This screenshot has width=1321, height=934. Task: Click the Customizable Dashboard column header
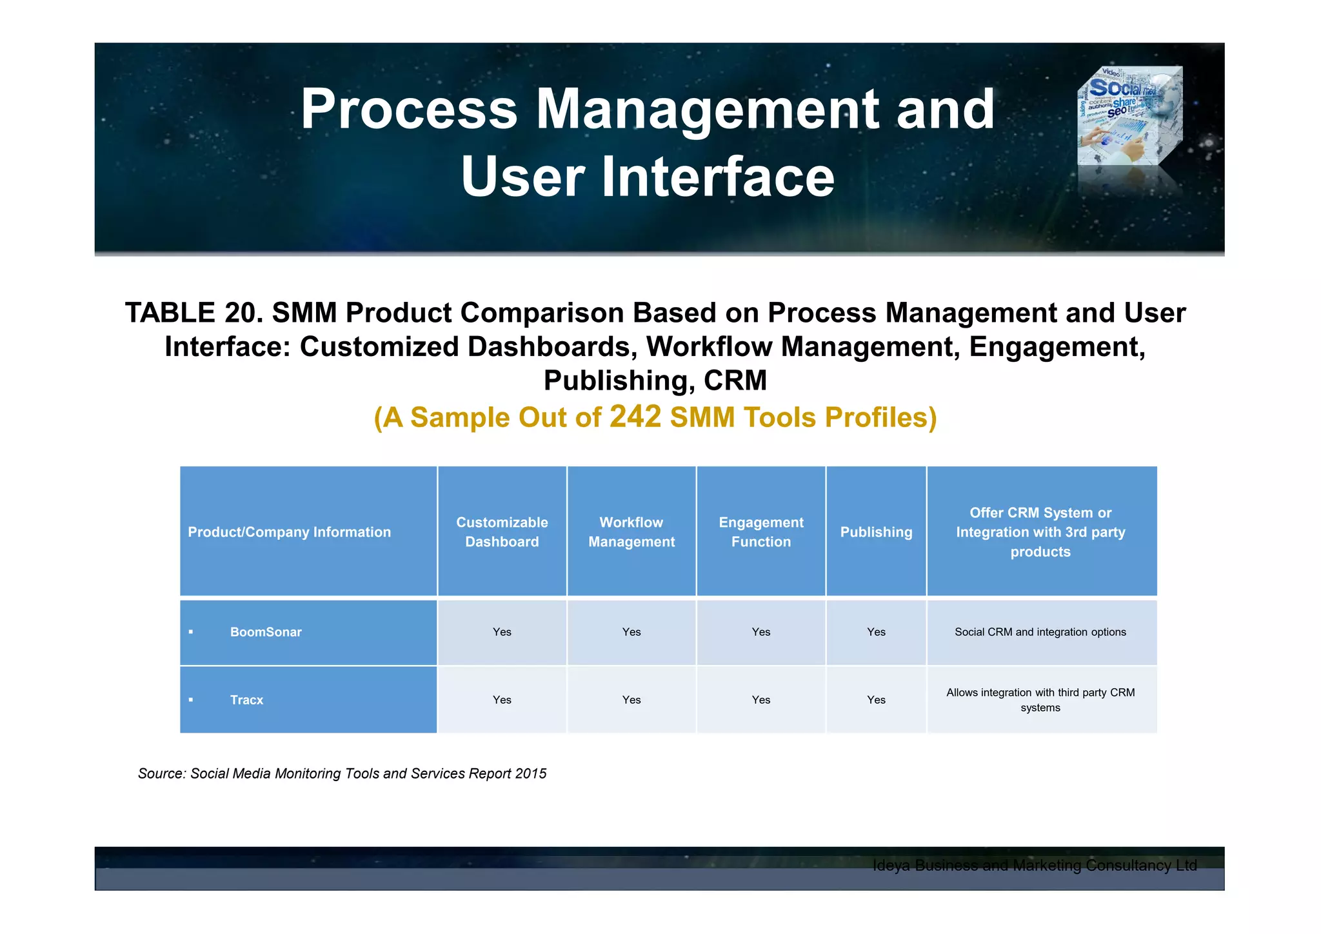pos(502,532)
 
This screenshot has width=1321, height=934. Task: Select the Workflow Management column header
pos(631,532)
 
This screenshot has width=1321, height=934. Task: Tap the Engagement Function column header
pos(761,532)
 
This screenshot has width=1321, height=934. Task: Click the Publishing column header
pos(876,532)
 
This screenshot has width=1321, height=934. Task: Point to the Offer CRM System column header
pos(1040,532)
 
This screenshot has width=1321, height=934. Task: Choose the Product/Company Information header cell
pos(289,532)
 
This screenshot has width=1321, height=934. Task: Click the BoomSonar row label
pos(266,632)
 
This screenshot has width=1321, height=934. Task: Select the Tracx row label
pos(246,700)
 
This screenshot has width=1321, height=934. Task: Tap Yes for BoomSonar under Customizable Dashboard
pos(502,632)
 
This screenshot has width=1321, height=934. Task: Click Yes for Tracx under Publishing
pos(876,700)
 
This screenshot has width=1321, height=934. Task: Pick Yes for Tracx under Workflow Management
pos(631,700)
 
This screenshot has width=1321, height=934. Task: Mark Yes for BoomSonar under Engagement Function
pos(761,632)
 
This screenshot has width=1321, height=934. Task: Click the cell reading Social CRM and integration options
pos(1040,632)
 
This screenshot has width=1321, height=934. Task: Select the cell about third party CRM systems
pos(1040,700)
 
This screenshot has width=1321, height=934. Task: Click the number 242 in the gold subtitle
pos(635,417)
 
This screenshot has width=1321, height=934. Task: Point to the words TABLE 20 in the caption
pos(193,313)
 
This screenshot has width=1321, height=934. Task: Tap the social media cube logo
pos(1129,116)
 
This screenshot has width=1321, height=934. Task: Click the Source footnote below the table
pos(342,773)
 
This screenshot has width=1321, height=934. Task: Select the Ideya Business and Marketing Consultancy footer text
pos(1034,866)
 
